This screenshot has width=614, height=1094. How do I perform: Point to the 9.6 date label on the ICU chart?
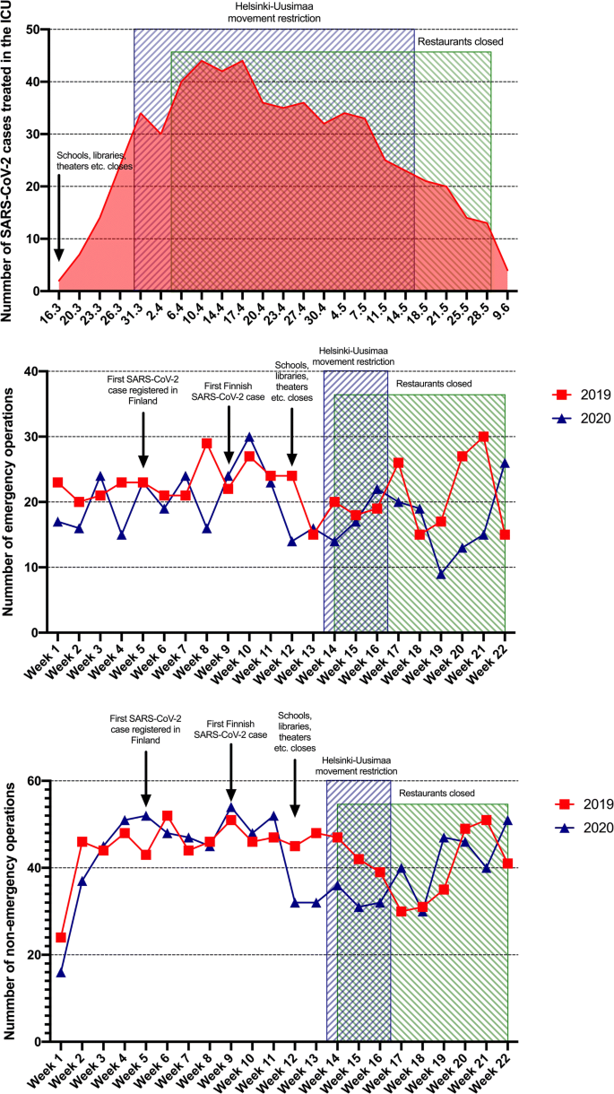pyautogui.click(x=507, y=307)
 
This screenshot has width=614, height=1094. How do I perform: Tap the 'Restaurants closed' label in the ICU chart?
pyautogui.click(x=460, y=40)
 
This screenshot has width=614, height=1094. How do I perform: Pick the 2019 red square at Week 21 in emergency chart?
pyautogui.click(x=485, y=437)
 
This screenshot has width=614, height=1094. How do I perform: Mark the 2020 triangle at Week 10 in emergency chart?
pyautogui.click(x=249, y=437)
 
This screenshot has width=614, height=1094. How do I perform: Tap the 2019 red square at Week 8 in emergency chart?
pyautogui.click(x=206, y=443)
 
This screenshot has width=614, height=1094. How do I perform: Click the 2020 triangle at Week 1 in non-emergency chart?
pyautogui.click(x=61, y=972)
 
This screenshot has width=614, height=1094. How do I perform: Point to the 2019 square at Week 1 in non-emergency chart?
pyautogui.click(x=61, y=937)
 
